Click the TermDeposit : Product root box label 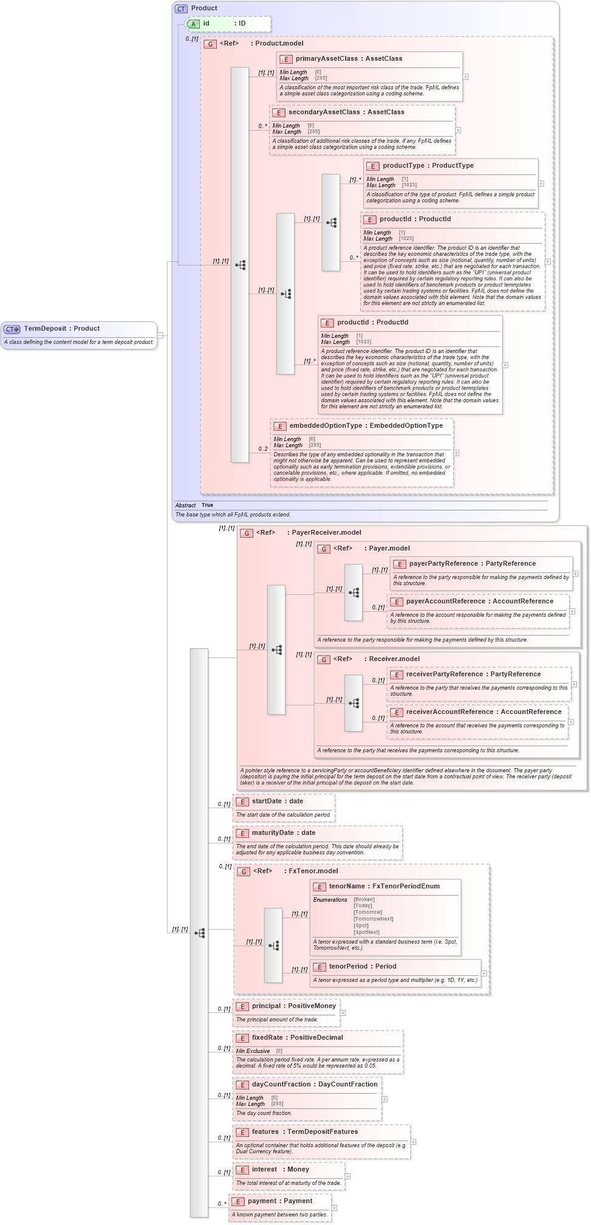[61, 329]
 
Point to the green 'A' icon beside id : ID [194, 24]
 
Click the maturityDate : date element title [283, 833]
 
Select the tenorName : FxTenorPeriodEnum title [384, 887]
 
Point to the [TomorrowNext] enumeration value [373, 919]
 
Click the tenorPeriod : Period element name [362, 967]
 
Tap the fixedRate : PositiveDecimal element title [297, 1038]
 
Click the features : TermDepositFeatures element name [304, 1132]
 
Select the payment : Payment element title [279, 1201]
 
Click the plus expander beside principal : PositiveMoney [343, 1013]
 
